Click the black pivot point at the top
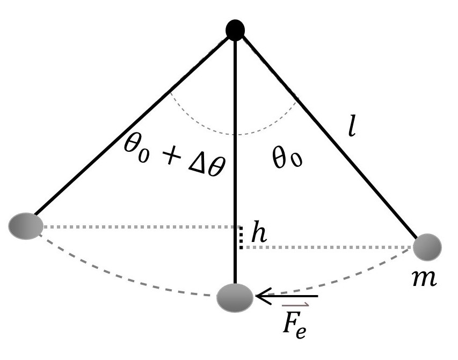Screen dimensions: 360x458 coord(235,30)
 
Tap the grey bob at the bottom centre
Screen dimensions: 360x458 coord(235,296)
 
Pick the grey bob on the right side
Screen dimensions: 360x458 coord(428,247)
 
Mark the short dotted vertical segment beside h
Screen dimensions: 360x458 coord(241,238)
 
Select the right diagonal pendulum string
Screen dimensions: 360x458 coord(328,134)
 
